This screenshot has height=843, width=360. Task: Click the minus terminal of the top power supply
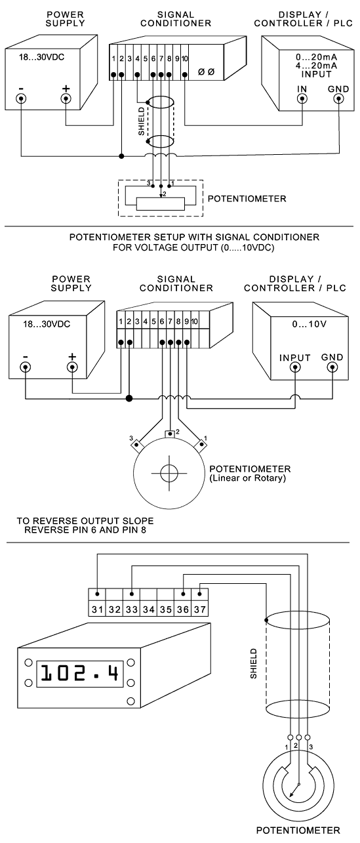tap(21, 98)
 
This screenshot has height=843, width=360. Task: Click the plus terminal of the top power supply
tap(66, 98)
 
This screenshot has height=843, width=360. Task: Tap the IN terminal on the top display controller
tap(302, 98)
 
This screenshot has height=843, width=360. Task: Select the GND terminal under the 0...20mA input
tap(339, 98)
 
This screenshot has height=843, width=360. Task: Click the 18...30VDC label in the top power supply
tap(42, 58)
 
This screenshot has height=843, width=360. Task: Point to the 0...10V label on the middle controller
tap(310, 324)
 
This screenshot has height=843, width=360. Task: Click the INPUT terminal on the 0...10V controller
tap(295, 367)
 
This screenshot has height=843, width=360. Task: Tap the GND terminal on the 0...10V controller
tap(332, 367)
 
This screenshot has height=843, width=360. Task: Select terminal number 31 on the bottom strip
tap(98, 609)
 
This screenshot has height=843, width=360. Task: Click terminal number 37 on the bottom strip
tap(200, 609)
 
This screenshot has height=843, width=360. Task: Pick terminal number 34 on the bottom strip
tap(149, 609)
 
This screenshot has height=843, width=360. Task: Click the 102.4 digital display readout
tap(80, 673)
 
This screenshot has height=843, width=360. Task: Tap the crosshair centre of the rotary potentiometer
tap(169, 473)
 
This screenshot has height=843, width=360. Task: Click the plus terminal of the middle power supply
tap(72, 367)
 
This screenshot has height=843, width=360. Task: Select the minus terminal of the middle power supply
tap(26, 367)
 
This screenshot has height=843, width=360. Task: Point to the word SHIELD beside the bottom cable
tap(254, 663)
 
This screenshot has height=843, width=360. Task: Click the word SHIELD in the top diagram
tap(142, 121)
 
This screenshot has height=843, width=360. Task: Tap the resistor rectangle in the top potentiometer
tap(161, 204)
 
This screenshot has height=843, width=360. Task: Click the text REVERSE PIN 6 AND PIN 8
tap(85, 530)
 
